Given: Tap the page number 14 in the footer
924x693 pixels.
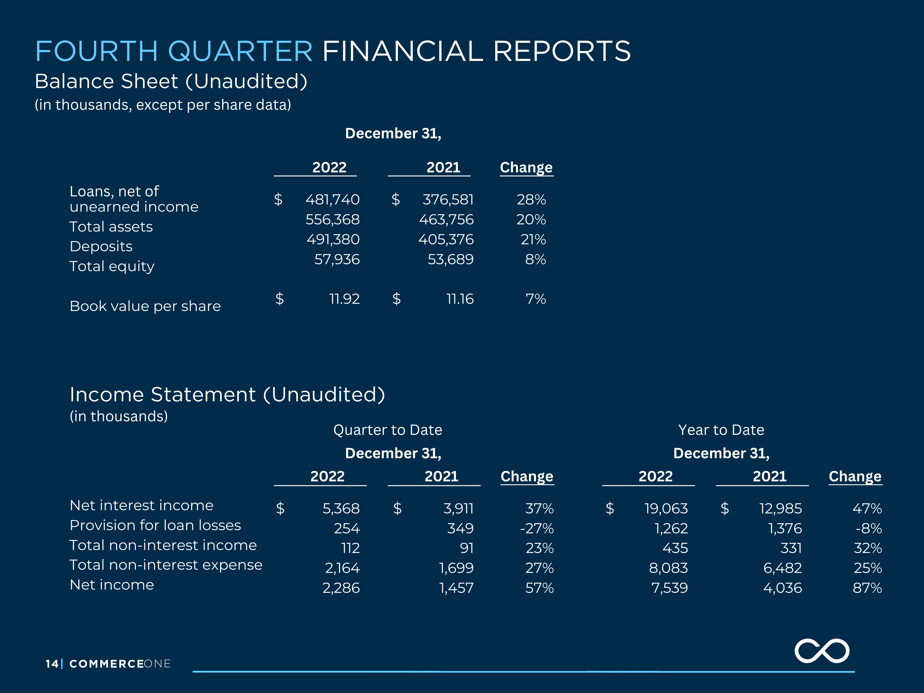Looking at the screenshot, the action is (x=52, y=664).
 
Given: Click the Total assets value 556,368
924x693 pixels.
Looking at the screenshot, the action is (x=333, y=219).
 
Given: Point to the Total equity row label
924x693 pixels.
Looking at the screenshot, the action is (x=112, y=266).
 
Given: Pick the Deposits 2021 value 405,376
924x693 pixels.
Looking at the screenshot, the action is (x=446, y=239).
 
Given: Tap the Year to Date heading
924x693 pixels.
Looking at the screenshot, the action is (x=721, y=430).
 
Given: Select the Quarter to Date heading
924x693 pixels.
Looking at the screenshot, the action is (x=388, y=430).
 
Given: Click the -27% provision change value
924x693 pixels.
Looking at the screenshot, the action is (x=537, y=528).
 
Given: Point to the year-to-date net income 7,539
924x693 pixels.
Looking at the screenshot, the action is (x=670, y=588).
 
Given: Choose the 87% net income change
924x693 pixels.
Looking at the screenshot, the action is (x=867, y=588).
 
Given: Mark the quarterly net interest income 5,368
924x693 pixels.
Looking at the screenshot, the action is (x=341, y=508).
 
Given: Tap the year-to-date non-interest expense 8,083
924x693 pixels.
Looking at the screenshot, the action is (x=668, y=568).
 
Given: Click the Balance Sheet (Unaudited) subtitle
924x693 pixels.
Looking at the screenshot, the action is (x=171, y=81).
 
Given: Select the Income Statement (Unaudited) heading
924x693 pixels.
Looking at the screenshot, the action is (x=227, y=394).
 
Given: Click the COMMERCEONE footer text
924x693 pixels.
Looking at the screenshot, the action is (x=120, y=664).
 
